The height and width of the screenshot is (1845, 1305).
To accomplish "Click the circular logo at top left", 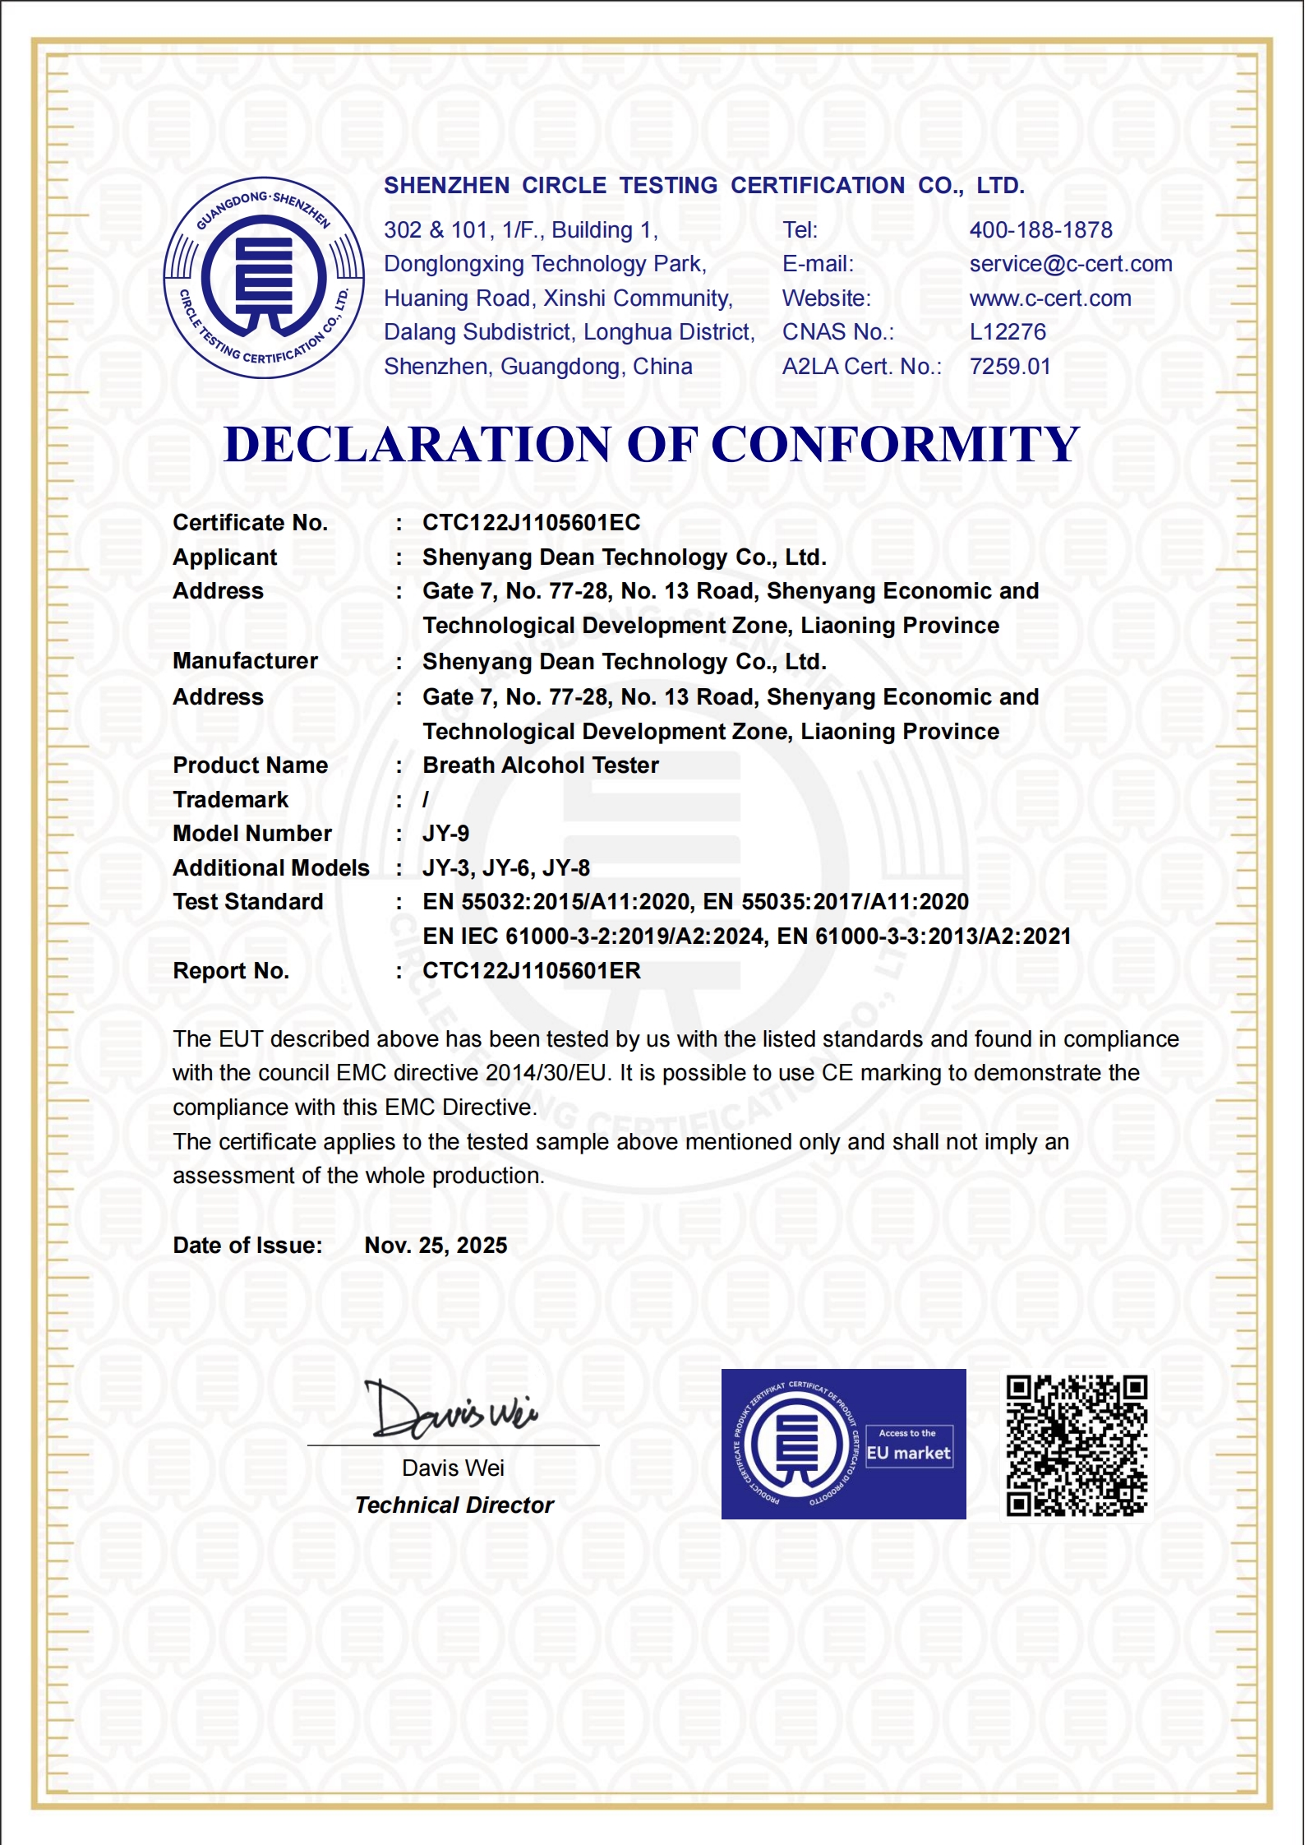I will pyautogui.click(x=264, y=278).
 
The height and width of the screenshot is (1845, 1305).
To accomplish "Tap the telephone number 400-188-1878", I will pyautogui.click(x=1040, y=230).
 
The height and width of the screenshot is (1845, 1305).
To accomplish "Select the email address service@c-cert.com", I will pyautogui.click(x=1070, y=264).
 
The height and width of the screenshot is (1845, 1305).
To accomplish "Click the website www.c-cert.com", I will pyautogui.click(x=1049, y=298).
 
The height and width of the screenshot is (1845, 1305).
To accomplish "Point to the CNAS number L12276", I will pyautogui.click(x=1008, y=332).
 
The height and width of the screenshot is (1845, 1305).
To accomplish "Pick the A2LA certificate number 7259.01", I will pyautogui.click(x=1010, y=367).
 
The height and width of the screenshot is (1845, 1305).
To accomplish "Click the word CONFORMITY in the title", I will pyautogui.click(x=894, y=445).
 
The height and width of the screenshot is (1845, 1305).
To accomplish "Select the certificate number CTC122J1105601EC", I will pyautogui.click(x=531, y=523).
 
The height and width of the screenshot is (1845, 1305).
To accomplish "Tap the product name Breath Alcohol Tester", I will pyautogui.click(x=540, y=765).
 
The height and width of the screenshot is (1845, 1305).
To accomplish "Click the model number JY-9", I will pyautogui.click(x=445, y=834).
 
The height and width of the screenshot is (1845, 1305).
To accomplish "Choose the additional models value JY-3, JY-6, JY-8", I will pyautogui.click(x=505, y=868).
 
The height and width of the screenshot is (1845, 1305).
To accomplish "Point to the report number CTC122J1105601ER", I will pyautogui.click(x=531, y=971).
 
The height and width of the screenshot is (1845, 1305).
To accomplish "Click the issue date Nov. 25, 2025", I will pyautogui.click(x=436, y=1246).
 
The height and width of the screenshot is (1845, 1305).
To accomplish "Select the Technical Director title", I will pyautogui.click(x=454, y=1505).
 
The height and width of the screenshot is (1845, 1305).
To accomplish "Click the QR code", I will pyautogui.click(x=1077, y=1445).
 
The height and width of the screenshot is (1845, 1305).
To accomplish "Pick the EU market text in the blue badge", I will pyautogui.click(x=908, y=1453).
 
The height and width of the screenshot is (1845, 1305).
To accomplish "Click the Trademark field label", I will pyautogui.click(x=230, y=800).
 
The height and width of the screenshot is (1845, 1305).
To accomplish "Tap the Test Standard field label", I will pyautogui.click(x=247, y=902).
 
